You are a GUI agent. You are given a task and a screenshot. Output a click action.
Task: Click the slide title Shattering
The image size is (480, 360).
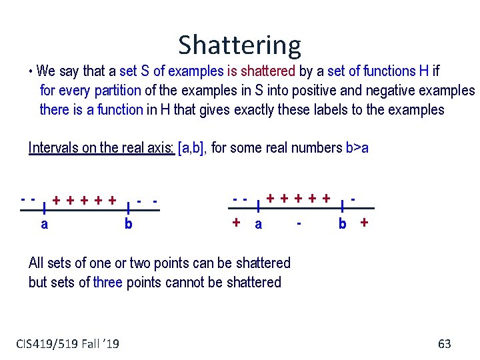tap(239, 45)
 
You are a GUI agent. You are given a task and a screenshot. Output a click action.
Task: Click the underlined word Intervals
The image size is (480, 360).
tap(54, 147)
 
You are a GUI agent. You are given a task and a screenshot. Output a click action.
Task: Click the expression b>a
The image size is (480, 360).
tap(357, 147)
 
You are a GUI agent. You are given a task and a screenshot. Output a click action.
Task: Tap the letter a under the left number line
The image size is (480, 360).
tap(44, 224)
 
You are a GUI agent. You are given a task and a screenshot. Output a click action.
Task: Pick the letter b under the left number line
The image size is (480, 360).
tap(128, 224)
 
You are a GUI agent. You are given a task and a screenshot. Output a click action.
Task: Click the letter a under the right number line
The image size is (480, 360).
tap(259, 224)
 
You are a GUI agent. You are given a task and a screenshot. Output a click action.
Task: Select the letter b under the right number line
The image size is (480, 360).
tap(342, 224)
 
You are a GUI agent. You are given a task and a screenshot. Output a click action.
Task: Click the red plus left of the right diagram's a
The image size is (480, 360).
tap(236, 223)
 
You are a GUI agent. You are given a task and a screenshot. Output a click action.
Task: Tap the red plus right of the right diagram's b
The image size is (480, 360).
tap(364, 223)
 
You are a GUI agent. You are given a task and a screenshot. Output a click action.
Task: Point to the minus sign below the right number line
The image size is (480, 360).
tap(301, 223)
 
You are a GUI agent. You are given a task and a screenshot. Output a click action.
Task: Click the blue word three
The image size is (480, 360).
tap(108, 282)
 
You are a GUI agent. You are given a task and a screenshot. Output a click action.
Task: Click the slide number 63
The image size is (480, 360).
tap(445, 344)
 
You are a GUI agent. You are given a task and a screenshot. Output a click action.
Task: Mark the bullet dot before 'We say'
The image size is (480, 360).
tap(31, 71)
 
